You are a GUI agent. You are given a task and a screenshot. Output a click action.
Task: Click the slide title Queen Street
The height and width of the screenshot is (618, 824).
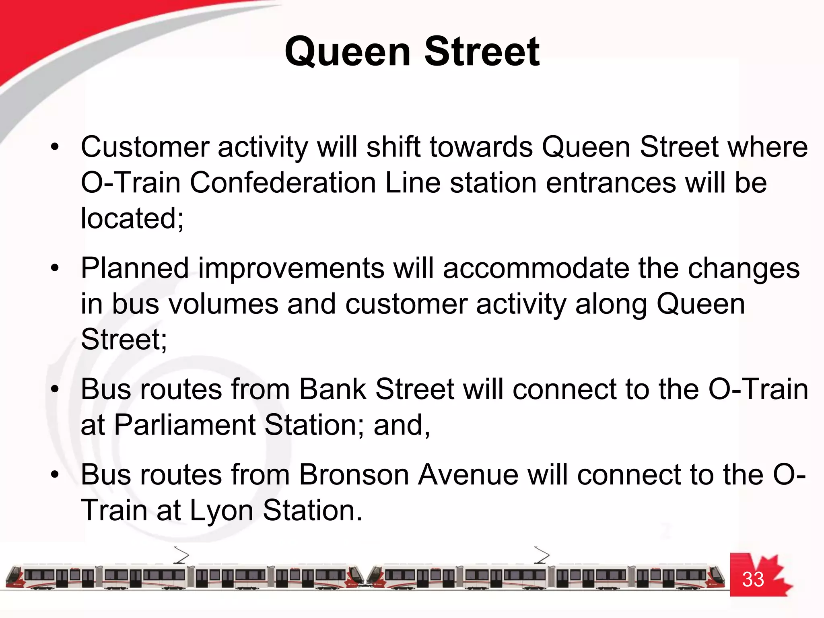(x=412, y=52)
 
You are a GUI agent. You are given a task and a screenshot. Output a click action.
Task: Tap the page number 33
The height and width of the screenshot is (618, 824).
(x=753, y=579)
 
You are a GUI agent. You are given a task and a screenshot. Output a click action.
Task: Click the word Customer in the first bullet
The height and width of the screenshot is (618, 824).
(x=145, y=147)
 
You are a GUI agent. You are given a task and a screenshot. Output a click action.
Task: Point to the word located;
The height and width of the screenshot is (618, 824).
(x=132, y=218)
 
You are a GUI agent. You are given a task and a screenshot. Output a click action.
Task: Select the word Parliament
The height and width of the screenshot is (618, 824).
(x=184, y=425)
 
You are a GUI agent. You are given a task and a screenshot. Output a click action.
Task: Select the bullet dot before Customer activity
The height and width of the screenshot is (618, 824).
(x=55, y=147)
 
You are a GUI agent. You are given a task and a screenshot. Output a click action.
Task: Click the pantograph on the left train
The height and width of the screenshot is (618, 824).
(x=181, y=555)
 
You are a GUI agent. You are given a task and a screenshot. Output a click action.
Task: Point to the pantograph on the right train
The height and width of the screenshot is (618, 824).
(x=542, y=555)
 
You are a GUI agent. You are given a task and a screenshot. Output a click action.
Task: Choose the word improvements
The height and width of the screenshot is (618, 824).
(x=291, y=269)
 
